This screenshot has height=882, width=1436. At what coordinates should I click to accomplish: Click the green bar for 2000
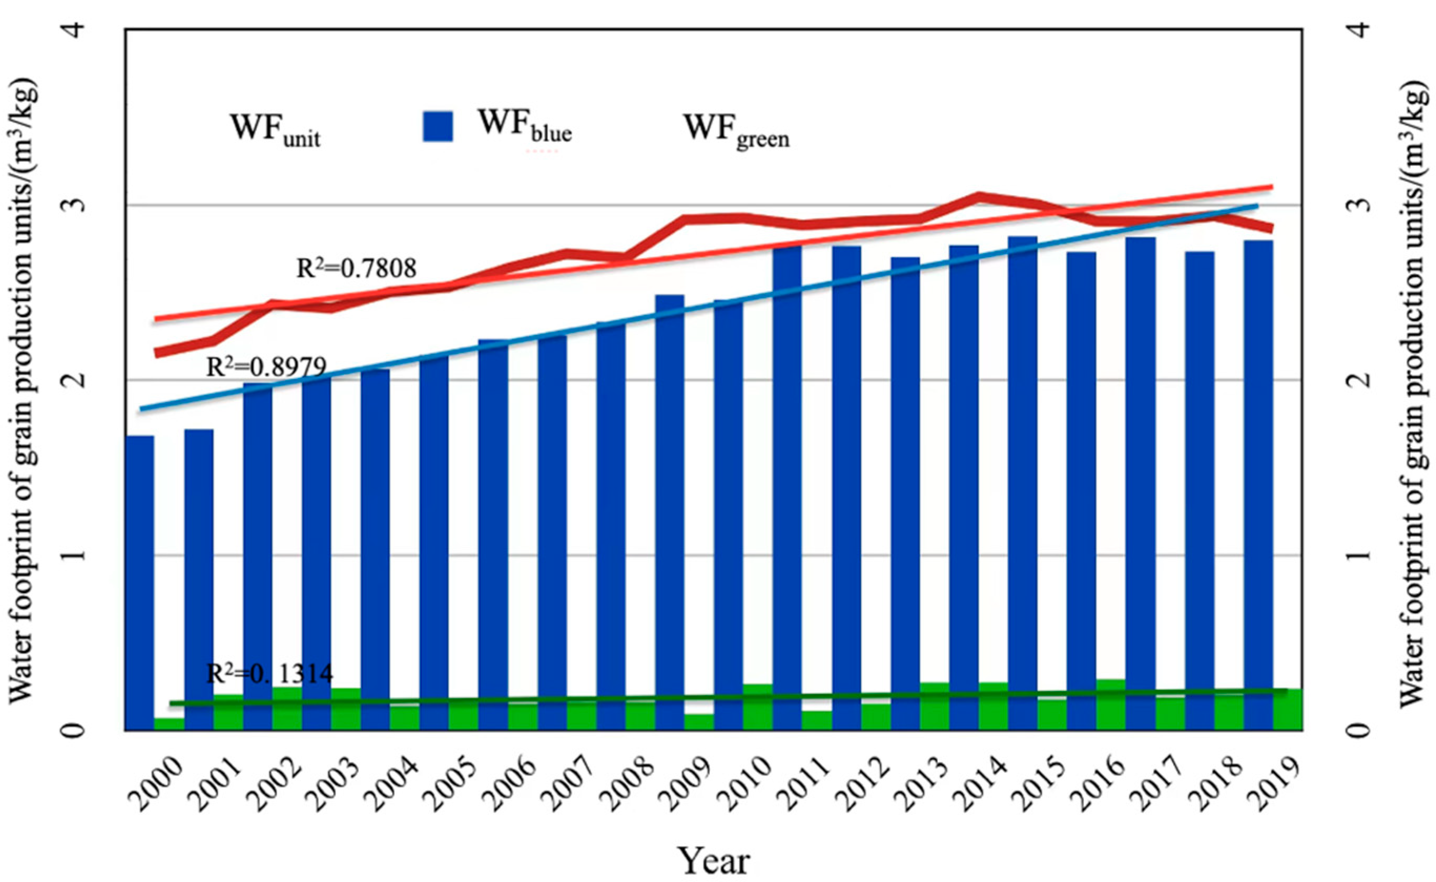point(169,724)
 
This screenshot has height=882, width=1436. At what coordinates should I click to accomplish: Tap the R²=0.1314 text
point(269,674)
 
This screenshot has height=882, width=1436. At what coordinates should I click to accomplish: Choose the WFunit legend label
point(275,130)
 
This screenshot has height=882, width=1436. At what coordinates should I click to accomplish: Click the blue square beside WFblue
point(438,127)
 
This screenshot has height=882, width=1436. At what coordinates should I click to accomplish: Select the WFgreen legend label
point(736,130)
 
